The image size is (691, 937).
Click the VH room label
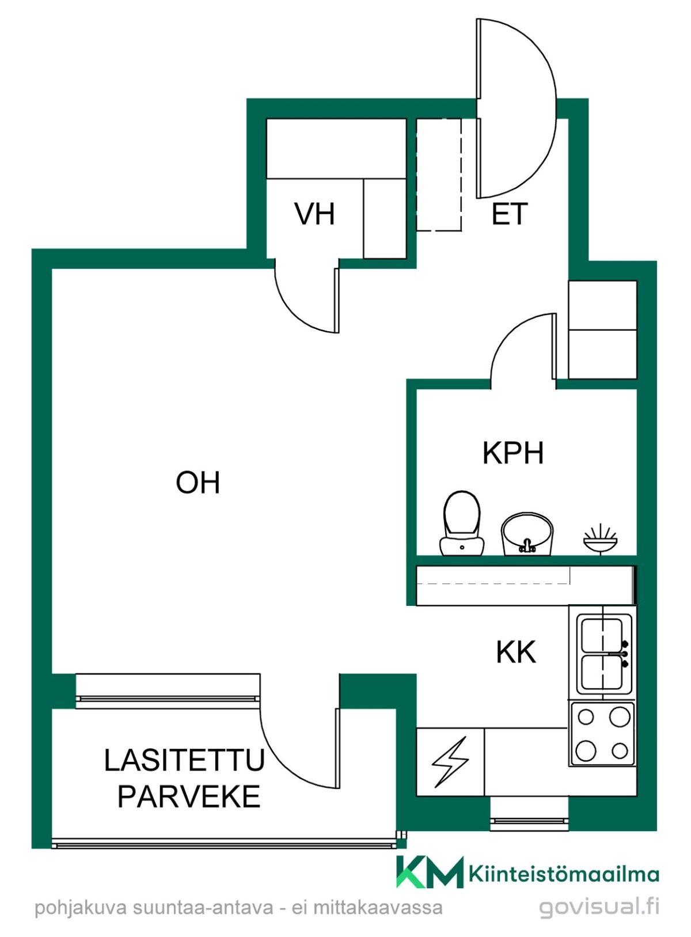[314, 214]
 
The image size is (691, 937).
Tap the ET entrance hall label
[509, 214]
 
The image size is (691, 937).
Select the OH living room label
[198, 482]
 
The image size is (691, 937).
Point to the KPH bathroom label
[512, 453]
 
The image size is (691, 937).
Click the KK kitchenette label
[516, 653]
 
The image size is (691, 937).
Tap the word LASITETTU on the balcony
[184, 760]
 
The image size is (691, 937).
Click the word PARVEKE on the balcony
[189, 797]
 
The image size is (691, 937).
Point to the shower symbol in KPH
[600, 539]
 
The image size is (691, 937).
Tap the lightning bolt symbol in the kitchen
[450, 763]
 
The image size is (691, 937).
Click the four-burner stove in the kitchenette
[602, 734]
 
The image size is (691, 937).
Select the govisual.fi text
[599, 907]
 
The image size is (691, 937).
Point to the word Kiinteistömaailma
[564, 875]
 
